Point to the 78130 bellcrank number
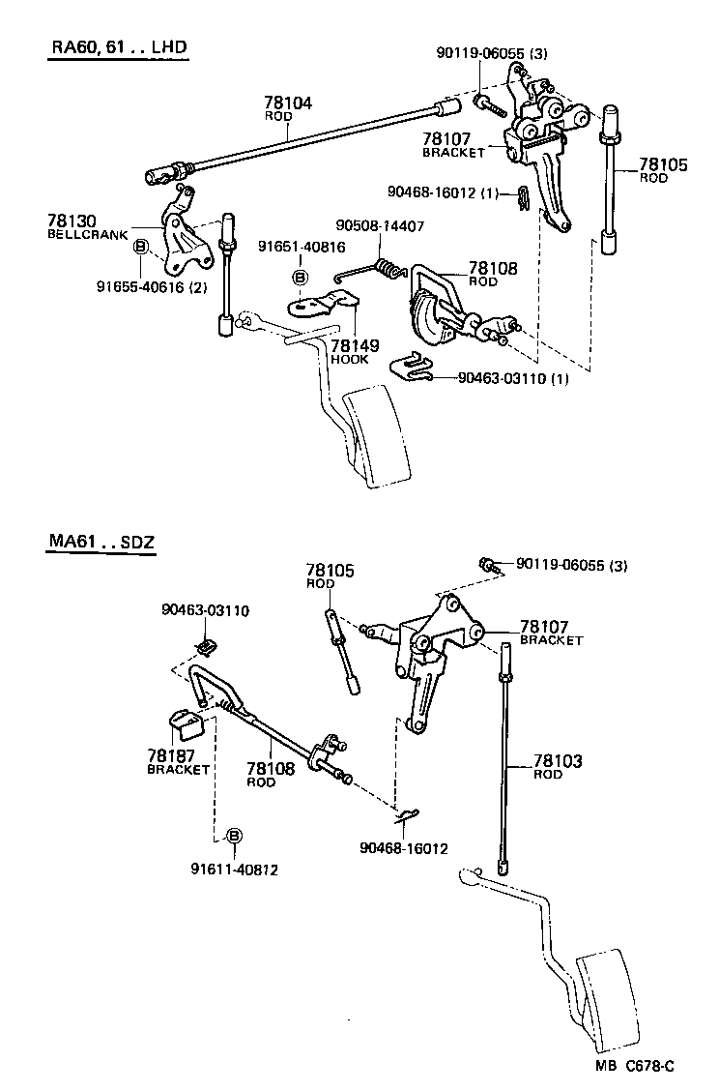tap(72, 221)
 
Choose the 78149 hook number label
tap(354, 345)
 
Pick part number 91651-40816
tap(301, 247)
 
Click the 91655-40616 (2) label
tap(152, 285)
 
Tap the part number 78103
tap(559, 762)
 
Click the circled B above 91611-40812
tap(233, 837)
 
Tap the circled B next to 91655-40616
tap(140, 247)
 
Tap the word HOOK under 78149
tap(350, 359)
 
